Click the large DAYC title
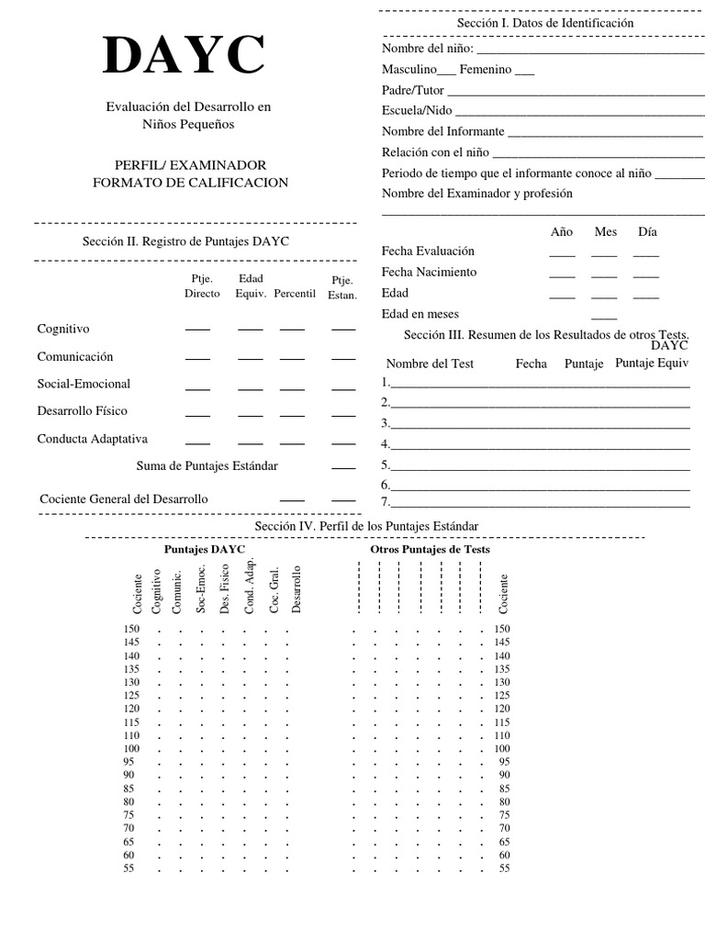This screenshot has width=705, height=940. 185,56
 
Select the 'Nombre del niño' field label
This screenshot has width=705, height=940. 427,49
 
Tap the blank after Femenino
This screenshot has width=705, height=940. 524,72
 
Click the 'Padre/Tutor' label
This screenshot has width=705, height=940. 412,90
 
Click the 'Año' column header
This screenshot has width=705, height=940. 561,232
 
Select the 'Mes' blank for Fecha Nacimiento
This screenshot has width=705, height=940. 604,275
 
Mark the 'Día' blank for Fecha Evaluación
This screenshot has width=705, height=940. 645,254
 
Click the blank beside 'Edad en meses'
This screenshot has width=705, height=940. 604,318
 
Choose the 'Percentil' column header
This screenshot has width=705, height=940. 294,294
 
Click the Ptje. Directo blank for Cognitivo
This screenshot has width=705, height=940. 197,330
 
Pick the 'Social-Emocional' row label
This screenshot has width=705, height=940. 84,384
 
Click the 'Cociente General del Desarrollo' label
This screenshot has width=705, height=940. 124,498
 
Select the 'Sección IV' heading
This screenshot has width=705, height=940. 366,525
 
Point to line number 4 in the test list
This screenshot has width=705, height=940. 386,444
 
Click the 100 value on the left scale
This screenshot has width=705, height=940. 131,749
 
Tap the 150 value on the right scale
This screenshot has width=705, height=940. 501,629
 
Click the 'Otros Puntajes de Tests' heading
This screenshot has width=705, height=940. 430,549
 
